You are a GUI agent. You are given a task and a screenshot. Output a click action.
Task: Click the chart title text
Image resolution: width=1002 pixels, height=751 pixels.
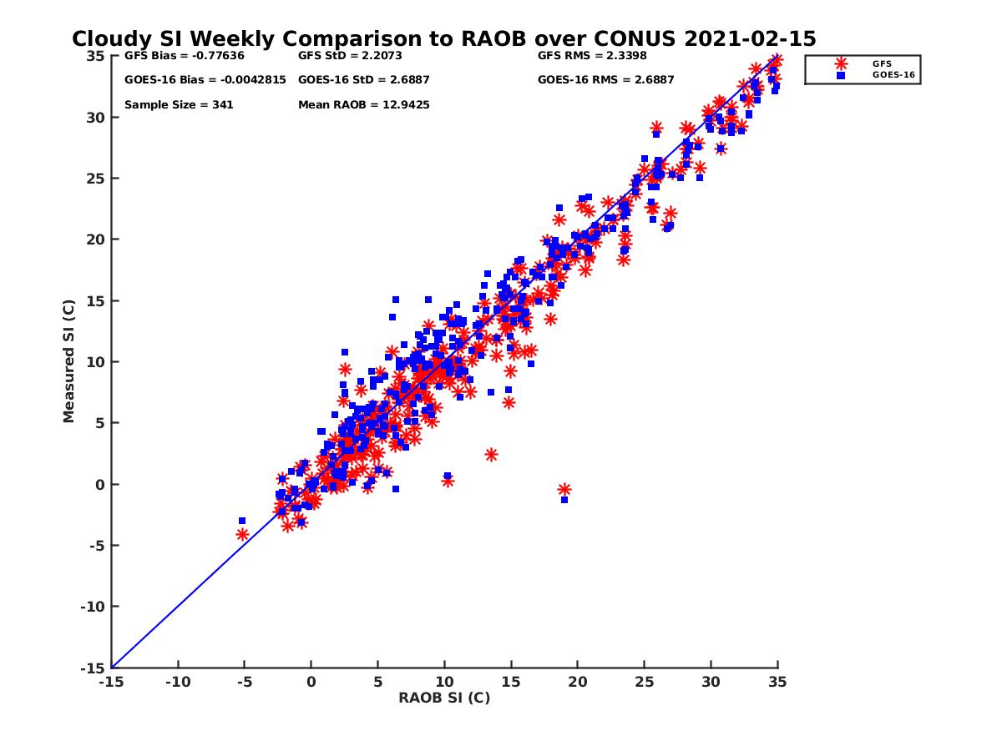pos(443,39)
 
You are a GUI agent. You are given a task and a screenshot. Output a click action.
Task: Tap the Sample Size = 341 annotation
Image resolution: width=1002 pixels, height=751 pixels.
pos(179,105)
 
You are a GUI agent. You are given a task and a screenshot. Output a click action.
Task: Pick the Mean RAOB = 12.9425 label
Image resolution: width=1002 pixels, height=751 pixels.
pos(364,105)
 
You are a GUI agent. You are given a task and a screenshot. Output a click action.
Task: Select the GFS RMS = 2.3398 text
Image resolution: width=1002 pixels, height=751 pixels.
pos(592,56)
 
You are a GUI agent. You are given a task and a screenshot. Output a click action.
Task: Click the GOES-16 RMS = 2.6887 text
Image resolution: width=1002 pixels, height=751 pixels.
pos(605,80)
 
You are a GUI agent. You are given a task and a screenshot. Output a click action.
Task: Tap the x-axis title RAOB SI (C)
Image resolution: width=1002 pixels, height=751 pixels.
pos(444,698)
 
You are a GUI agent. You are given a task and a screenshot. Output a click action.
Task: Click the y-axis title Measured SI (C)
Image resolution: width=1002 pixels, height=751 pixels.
pos(68,362)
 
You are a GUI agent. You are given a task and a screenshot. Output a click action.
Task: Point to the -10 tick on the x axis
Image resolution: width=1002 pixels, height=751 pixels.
pos(177,682)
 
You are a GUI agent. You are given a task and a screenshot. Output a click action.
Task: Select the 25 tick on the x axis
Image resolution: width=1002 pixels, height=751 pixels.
pos(645,682)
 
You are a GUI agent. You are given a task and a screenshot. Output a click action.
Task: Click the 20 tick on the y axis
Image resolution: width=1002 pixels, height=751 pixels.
pos(95,239)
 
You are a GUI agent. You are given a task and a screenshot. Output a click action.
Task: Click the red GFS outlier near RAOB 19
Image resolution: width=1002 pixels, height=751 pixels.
pos(564,490)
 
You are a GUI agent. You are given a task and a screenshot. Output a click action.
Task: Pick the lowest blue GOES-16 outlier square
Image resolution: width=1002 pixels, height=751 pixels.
pos(564,500)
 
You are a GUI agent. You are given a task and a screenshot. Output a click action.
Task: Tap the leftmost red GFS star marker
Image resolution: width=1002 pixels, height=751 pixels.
pos(242,535)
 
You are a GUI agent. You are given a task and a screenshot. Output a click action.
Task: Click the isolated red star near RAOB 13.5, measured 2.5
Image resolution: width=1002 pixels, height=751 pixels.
pos(491,455)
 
